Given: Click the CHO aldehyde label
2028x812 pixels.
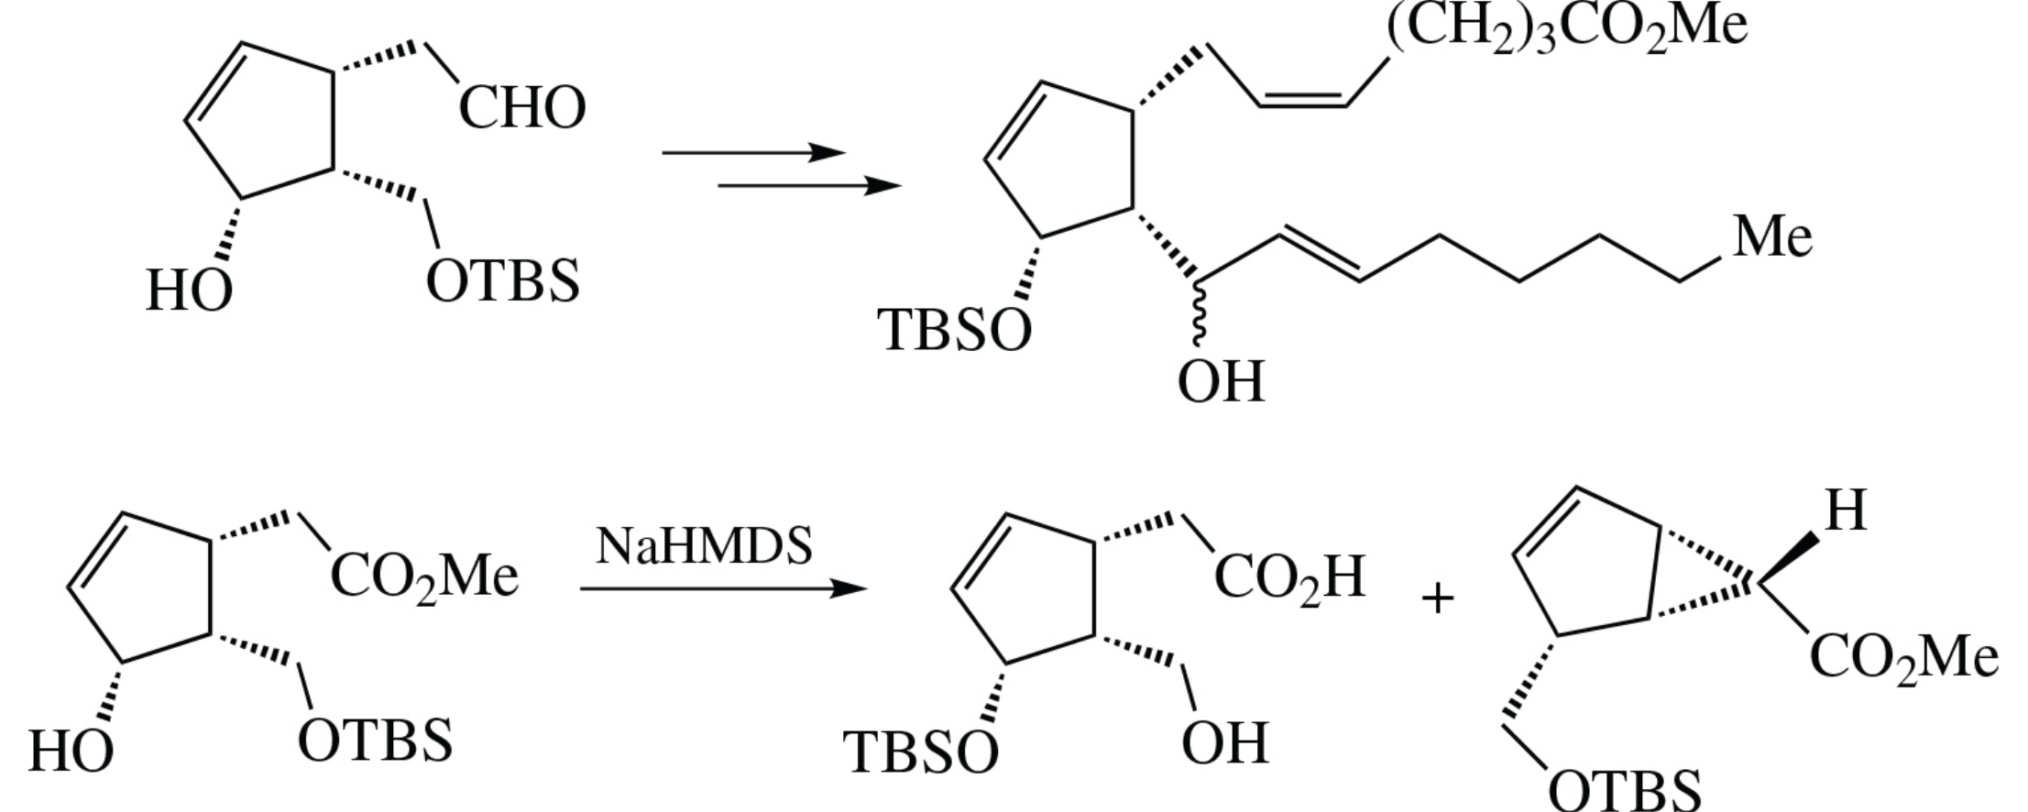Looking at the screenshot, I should point(521,108).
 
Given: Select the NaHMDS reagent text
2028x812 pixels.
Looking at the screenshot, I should point(704,546).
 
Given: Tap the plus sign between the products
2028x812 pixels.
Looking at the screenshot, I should point(1438,599).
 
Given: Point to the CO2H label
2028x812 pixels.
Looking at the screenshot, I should point(1289,577).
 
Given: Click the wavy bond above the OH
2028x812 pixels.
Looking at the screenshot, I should point(1199,312).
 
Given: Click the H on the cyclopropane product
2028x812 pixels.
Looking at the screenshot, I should point(1846,511).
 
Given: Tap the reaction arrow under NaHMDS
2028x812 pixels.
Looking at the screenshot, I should point(723,588).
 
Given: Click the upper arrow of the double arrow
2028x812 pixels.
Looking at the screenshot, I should point(752,152).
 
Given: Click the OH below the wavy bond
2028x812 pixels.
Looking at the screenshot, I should point(1221,382).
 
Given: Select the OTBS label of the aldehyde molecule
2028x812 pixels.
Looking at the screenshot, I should point(503,280).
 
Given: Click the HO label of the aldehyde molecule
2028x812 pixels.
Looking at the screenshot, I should point(189,292).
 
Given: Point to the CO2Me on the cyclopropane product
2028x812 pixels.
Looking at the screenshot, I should point(1903,658).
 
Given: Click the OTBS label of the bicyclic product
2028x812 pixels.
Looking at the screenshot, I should point(1624,790).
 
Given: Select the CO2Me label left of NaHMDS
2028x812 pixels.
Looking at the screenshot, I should point(424,577).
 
